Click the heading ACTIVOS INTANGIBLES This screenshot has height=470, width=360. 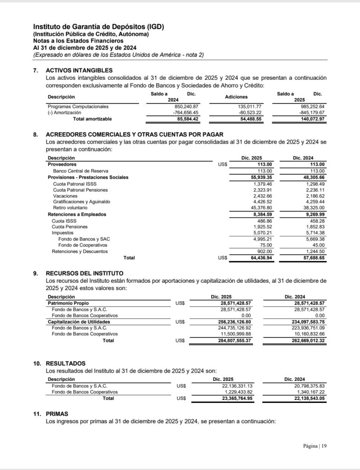[79, 70]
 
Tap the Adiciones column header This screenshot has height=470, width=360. [236, 97]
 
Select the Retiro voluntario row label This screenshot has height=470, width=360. [70, 207]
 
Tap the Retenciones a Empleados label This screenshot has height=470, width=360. [77, 214]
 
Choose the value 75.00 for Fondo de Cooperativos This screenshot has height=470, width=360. [266, 245]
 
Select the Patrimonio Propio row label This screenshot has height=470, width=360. [68, 303]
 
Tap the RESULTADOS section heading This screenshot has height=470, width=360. [66, 363]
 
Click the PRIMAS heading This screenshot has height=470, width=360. [57, 414]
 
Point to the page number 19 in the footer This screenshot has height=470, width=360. [324, 446]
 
